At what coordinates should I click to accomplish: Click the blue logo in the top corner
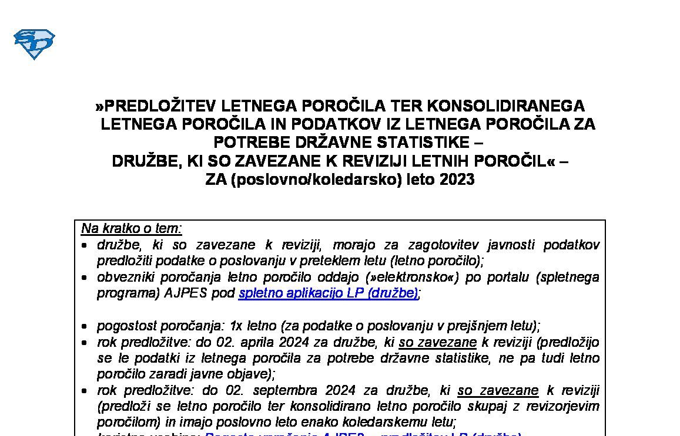pos(34,44)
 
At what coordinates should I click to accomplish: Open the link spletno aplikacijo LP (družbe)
pos(328,293)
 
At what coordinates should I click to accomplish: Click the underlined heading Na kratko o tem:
pos(132,228)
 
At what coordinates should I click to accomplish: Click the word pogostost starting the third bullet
pos(125,326)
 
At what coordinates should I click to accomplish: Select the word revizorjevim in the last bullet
pos(562,406)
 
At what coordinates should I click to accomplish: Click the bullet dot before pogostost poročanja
pos(86,326)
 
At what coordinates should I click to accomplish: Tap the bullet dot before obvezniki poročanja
pos(86,278)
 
